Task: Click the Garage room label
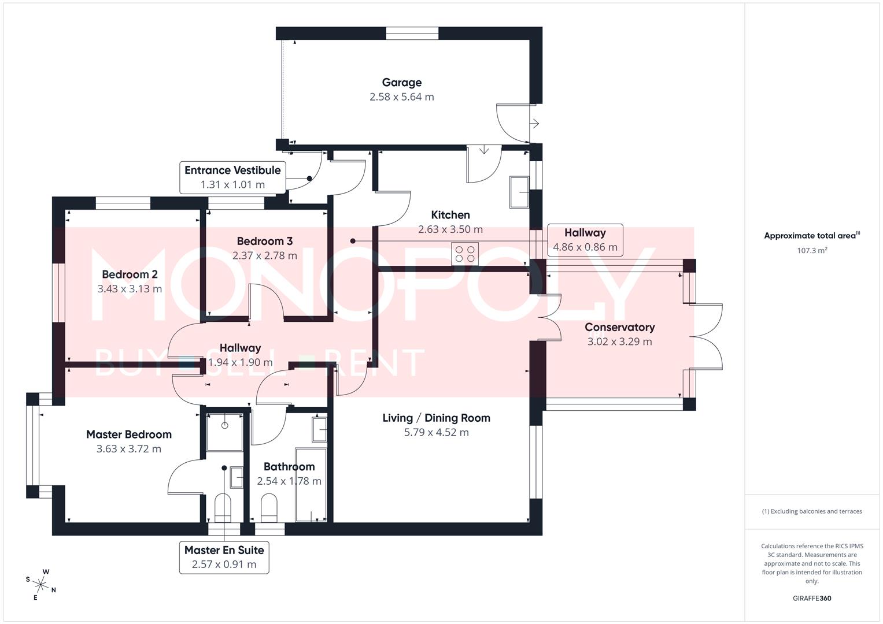tap(401, 83)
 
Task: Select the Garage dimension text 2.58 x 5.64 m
tap(401, 97)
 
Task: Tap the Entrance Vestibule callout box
tap(232, 177)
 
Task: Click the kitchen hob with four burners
tap(465, 254)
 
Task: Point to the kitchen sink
tap(519, 192)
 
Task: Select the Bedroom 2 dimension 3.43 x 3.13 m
tap(130, 289)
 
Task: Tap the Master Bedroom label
tap(128, 434)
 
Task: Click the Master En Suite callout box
tap(224, 557)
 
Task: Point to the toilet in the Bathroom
tap(269, 507)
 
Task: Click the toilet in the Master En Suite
tap(223, 507)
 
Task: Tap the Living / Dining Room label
tap(436, 418)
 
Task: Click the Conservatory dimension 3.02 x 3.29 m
tap(619, 341)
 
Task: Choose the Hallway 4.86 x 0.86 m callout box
tap(585, 240)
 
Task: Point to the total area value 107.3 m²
tap(811, 251)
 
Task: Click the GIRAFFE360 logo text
tap(811, 598)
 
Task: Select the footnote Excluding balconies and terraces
tap(811, 511)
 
